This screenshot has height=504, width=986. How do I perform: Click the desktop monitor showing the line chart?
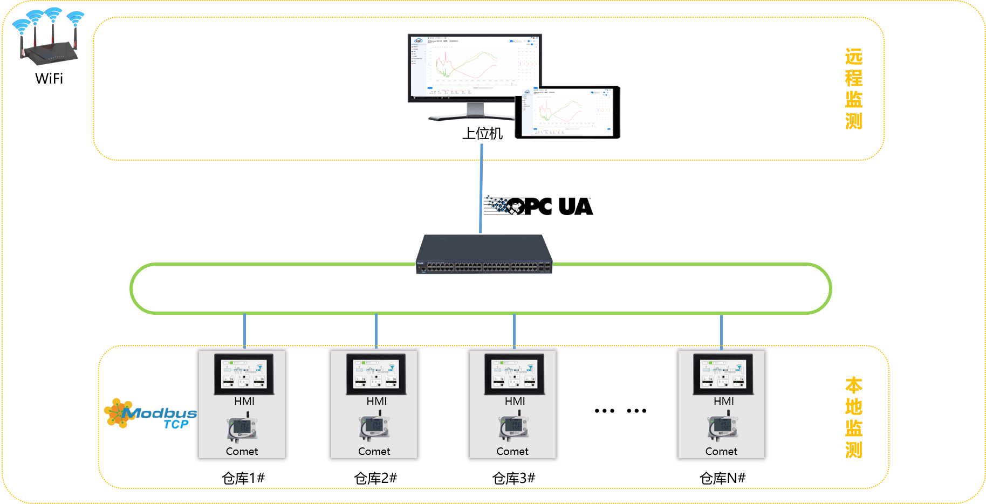click(x=474, y=67)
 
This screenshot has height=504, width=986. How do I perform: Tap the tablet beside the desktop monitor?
click(x=567, y=112)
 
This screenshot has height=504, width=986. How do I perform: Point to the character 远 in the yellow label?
click(x=853, y=57)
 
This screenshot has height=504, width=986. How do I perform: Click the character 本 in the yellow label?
click(x=853, y=386)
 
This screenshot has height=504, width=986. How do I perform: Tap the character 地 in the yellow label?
click(x=853, y=407)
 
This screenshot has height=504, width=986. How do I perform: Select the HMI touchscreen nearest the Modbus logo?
click(x=244, y=374)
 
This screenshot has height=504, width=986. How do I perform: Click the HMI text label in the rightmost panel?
click(x=723, y=401)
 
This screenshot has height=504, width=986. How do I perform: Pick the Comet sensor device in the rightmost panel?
click(x=722, y=427)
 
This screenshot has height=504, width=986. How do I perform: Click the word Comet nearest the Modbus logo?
click(x=242, y=451)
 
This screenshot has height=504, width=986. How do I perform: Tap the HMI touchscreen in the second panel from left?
click(x=376, y=374)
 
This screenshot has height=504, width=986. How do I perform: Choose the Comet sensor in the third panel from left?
click(x=513, y=427)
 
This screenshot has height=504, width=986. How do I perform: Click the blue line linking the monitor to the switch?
click(x=481, y=189)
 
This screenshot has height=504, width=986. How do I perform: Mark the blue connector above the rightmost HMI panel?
click(x=721, y=332)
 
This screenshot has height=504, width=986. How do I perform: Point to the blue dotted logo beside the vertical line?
click(x=497, y=204)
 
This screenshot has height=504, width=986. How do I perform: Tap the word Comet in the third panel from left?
click(x=512, y=451)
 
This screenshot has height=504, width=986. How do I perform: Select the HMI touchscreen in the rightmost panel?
click(x=723, y=374)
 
